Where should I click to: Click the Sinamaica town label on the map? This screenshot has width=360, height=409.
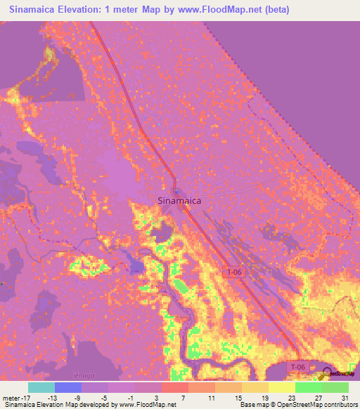click(179, 200)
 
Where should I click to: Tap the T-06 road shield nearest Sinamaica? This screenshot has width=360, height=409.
click(236, 271)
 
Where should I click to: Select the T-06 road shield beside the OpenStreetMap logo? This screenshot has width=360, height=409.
click(299, 368)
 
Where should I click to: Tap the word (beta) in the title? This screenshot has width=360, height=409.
click(274, 10)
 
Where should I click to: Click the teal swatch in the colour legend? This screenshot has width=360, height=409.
click(41, 387)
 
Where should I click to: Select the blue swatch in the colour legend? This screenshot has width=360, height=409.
click(68, 387)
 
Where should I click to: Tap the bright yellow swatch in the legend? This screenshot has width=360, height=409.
click(282, 387)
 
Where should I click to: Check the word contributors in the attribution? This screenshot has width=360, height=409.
click(338, 405)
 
